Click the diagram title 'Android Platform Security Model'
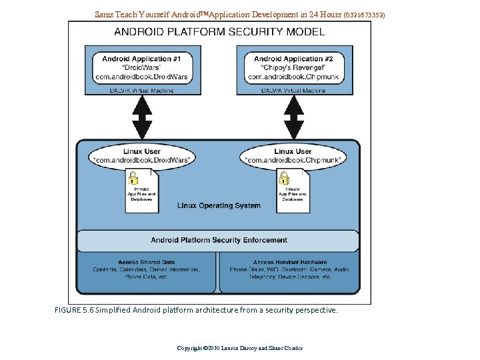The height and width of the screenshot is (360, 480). [219, 31]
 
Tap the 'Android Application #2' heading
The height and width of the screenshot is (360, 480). [293, 59]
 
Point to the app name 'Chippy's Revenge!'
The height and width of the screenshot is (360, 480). [293, 67]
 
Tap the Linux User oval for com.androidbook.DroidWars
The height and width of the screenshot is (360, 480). [142, 155]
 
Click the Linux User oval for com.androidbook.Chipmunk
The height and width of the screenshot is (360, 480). [293, 155]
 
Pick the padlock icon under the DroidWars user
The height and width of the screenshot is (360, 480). [133, 178]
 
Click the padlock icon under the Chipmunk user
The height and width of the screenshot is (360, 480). [284, 178]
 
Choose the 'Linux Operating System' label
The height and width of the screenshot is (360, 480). [219, 205]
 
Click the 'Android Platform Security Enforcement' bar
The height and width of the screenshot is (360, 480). [219, 240]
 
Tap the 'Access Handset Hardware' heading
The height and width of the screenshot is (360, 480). [290, 262]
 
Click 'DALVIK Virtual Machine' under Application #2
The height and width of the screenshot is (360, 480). [293, 91]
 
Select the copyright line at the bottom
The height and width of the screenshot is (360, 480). [239, 348]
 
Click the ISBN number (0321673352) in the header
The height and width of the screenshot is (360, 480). [364, 14]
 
